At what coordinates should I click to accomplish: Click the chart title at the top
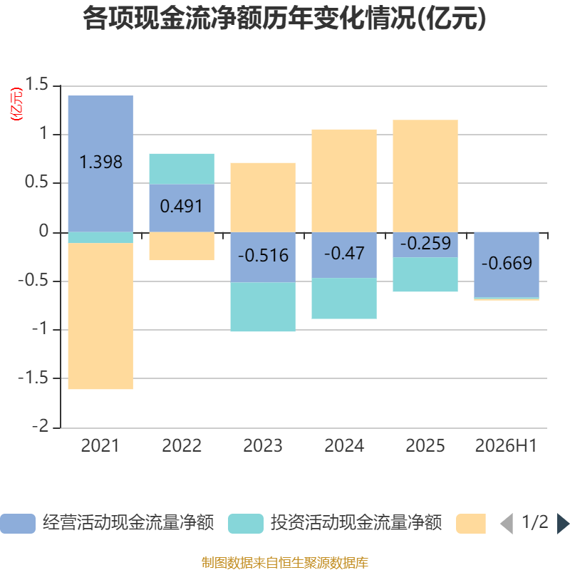[284, 19]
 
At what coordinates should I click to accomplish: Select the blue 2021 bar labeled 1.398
[100, 164]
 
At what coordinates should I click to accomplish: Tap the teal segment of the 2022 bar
[182, 169]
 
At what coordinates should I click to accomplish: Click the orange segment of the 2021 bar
[100, 316]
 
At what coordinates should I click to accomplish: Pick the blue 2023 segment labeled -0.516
[263, 257]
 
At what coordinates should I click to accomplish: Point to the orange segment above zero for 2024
[344, 181]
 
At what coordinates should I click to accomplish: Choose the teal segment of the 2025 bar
[425, 274]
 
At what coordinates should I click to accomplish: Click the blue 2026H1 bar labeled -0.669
[507, 264]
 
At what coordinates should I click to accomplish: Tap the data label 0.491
[182, 207]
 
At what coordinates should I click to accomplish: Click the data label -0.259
[425, 243]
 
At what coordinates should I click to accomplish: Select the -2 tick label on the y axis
[40, 425]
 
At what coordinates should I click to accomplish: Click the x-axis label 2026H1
[506, 446]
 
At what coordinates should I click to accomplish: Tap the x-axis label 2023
[263, 446]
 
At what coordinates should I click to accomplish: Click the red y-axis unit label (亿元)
[16, 104]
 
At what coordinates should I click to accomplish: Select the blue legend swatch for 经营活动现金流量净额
[18, 524]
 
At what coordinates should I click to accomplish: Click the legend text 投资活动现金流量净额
[356, 523]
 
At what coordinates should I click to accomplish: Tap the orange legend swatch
[471, 524]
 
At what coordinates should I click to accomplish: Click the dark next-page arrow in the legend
[563, 524]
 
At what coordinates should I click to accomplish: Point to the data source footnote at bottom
[285, 563]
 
